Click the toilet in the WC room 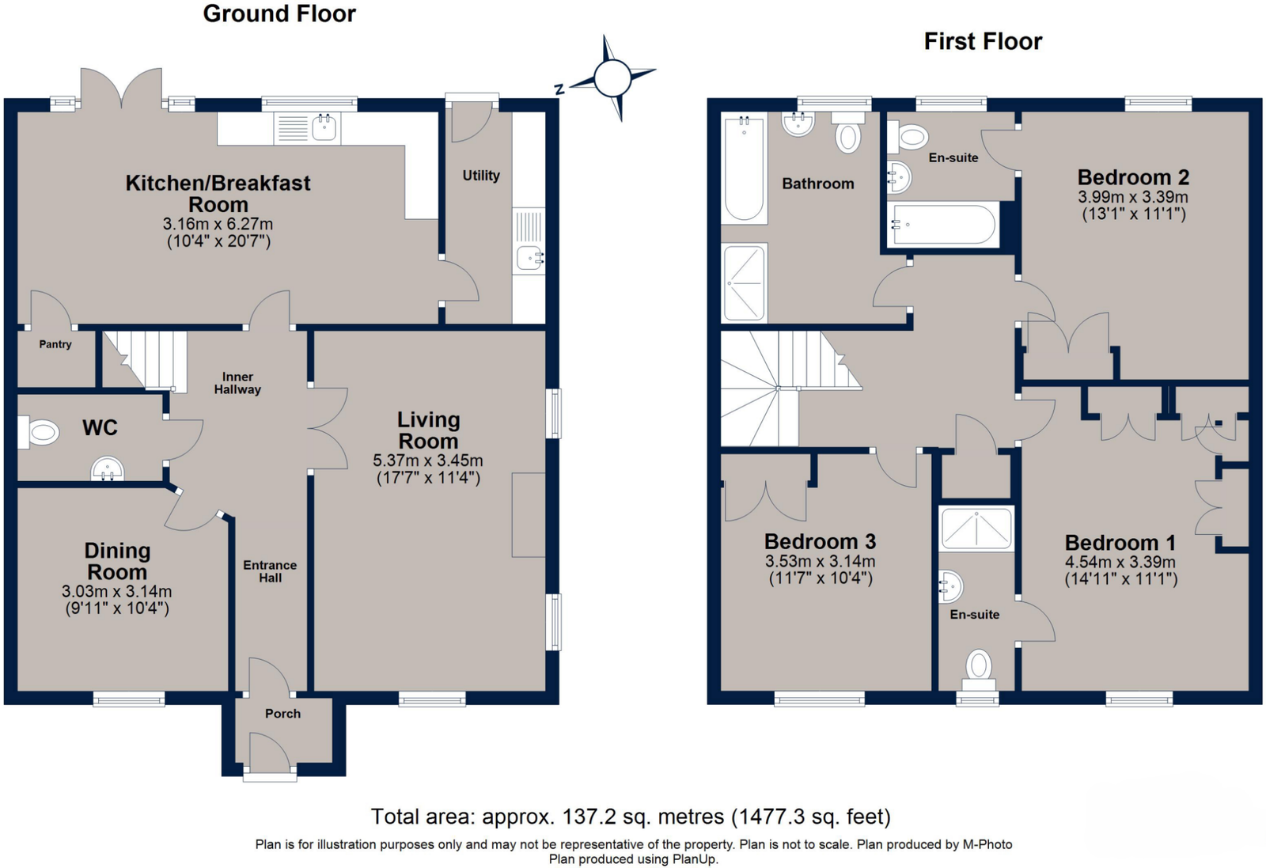(39, 433)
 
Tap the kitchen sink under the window (325, 127)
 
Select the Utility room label (481, 176)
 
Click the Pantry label (55, 344)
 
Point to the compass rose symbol (612, 78)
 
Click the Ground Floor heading (279, 14)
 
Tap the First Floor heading (983, 42)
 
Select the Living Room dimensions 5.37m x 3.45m (428, 461)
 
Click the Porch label (282, 714)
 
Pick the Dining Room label (117, 561)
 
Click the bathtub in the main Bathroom (744, 169)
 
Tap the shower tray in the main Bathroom (745, 282)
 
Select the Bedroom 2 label (1133, 177)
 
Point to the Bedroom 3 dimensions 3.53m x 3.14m (820, 562)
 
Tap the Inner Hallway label (237, 383)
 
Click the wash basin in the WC (108, 469)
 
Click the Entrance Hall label (270, 571)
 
